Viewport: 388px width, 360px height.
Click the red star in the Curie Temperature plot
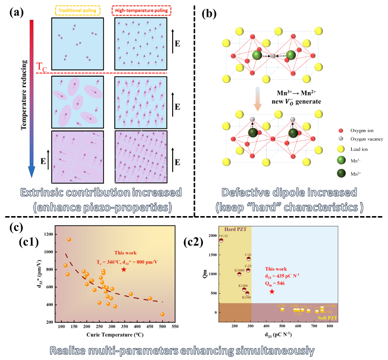point(124,269)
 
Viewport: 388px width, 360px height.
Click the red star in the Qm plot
point(272,291)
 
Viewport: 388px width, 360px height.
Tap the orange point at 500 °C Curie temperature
point(162,314)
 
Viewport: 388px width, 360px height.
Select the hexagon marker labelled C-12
point(221,240)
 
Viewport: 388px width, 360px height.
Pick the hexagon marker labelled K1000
point(239,274)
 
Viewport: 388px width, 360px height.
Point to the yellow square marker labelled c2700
point(282,309)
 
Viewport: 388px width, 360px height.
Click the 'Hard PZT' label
point(235,229)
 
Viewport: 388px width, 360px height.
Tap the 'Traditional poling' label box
point(78,9)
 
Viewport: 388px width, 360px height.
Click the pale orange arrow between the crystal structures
point(257,100)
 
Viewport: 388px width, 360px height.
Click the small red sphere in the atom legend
point(340,131)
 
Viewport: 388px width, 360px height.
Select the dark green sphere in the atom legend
point(341,173)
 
